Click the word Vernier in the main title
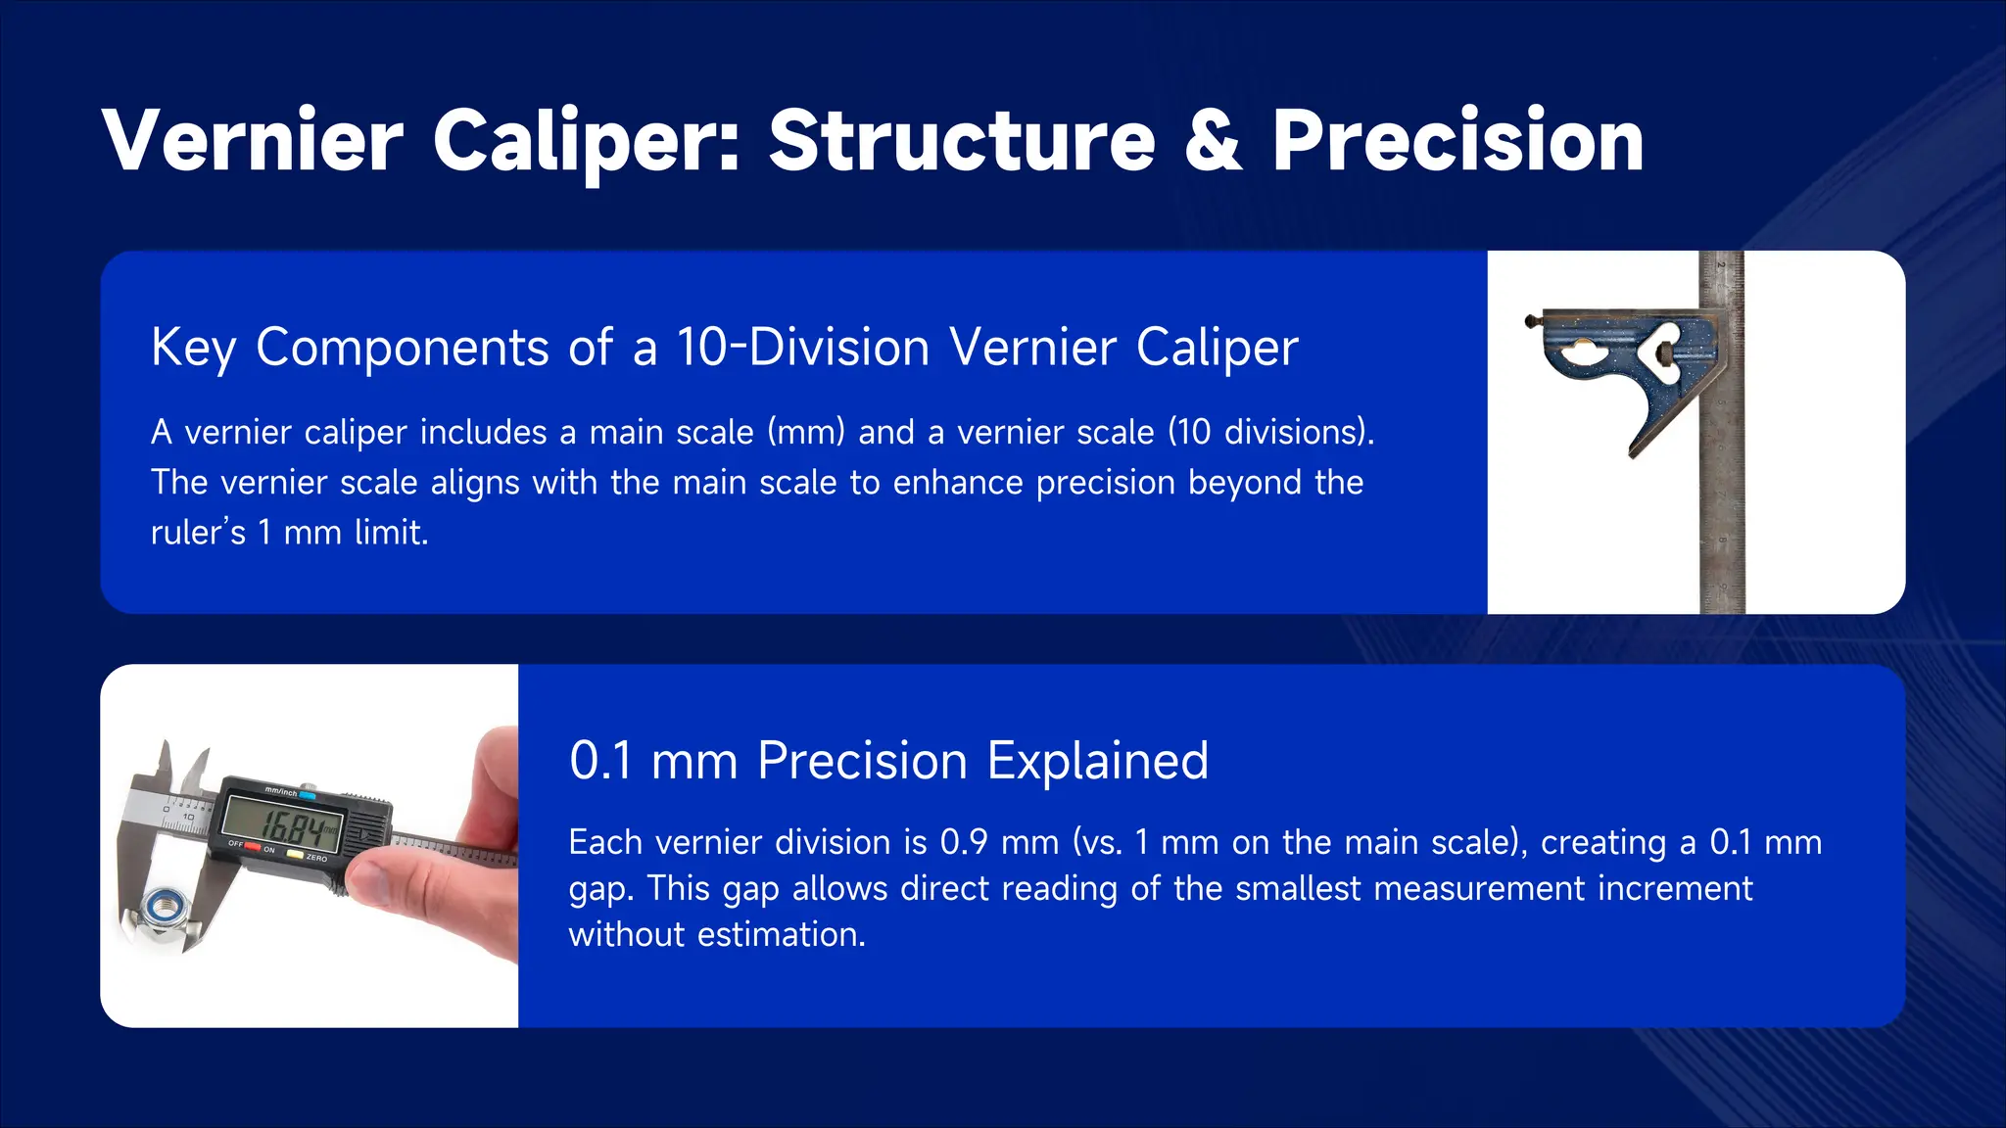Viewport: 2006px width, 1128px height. click(x=252, y=141)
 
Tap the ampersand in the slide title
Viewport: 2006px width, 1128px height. click(x=1213, y=141)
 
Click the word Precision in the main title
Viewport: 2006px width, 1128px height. click(x=1457, y=141)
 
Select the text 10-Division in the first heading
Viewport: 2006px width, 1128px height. click(x=802, y=348)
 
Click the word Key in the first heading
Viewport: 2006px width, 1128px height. click(x=193, y=348)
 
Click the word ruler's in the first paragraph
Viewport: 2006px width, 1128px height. click(x=197, y=533)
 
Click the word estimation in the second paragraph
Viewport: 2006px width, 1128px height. click(x=779, y=934)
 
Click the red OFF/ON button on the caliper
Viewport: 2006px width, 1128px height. click(x=253, y=847)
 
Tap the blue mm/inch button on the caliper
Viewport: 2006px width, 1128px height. click(x=307, y=795)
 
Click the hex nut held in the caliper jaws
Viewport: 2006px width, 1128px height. click(x=160, y=906)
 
